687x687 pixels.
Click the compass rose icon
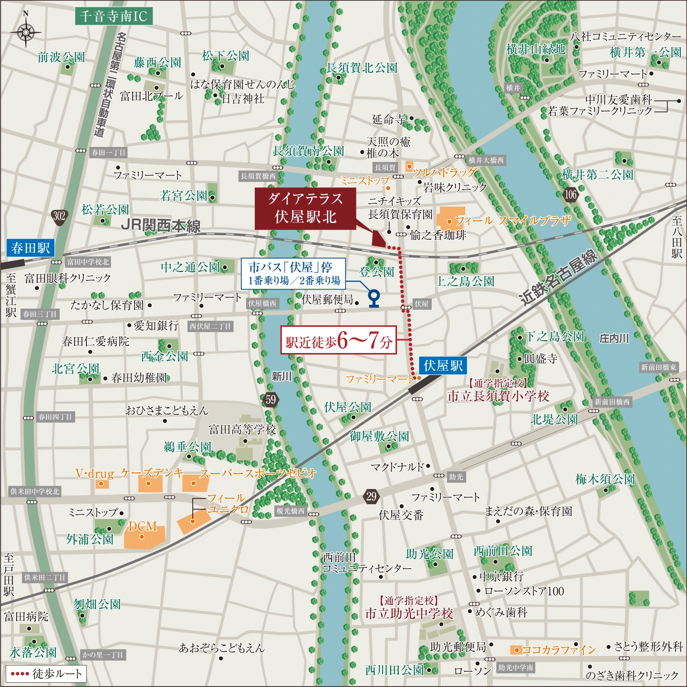point(26,32)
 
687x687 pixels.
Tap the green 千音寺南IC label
point(114,16)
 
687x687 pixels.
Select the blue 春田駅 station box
point(31,248)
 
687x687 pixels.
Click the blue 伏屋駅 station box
point(443,366)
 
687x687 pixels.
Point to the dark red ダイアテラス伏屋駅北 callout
point(305,208)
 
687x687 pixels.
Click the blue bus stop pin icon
point(374,298)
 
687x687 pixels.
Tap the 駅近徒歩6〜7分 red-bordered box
point(339,340)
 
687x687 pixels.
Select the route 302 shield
point(59,216)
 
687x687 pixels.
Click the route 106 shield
point(571,194)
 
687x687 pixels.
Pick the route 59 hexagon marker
point(271,399)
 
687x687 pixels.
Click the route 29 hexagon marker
point(372,496)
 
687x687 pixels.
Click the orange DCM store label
point(143,526)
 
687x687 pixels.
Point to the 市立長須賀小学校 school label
point(498,396)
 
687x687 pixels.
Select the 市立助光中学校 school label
point(409,614)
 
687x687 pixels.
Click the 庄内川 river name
point(614,338)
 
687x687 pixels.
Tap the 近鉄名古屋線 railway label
point(559,277)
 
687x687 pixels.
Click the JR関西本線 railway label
point(161,225)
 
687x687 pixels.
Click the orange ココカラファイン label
point(559,650)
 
